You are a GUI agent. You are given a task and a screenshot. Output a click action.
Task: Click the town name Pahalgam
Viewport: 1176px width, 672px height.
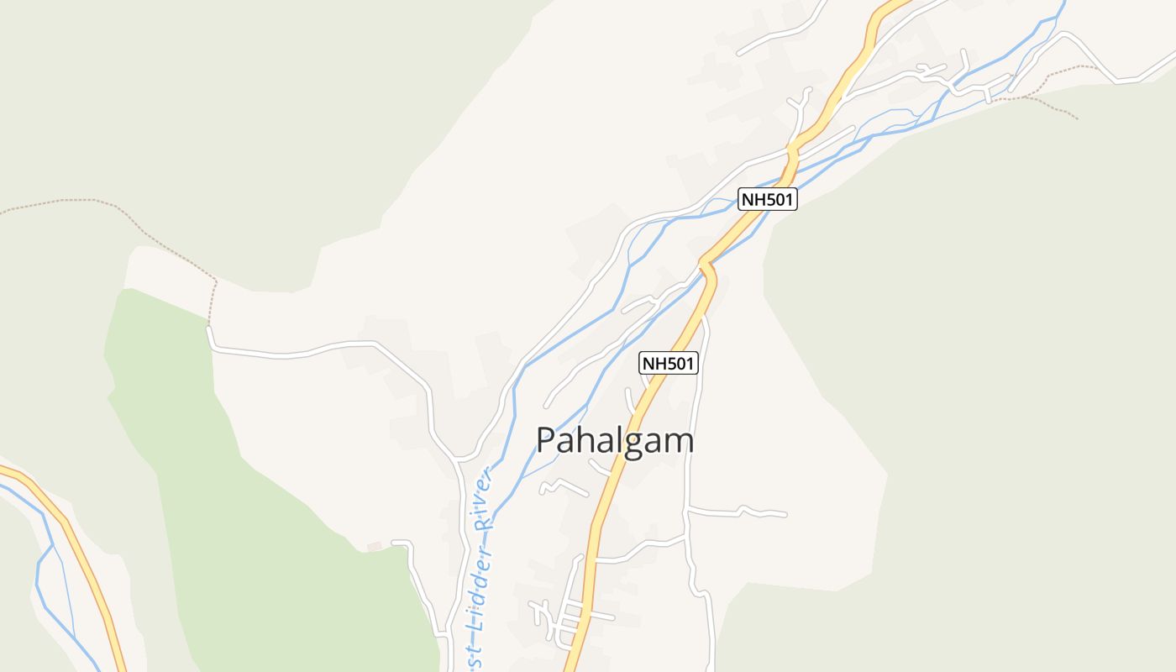point(615,441)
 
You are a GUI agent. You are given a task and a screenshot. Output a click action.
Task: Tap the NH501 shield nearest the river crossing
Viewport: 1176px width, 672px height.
point(767,199)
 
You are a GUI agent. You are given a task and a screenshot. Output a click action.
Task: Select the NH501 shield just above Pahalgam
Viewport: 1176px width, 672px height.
point(669,363)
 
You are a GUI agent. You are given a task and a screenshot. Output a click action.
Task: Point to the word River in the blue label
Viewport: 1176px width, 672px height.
point(483,499)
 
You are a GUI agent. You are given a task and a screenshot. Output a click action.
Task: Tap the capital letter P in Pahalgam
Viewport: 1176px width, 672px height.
point(546,441)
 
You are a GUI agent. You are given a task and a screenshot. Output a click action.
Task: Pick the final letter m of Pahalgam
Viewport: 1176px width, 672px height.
point(679,442)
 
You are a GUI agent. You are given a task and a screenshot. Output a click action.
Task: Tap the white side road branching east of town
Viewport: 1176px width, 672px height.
point(739,511)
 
